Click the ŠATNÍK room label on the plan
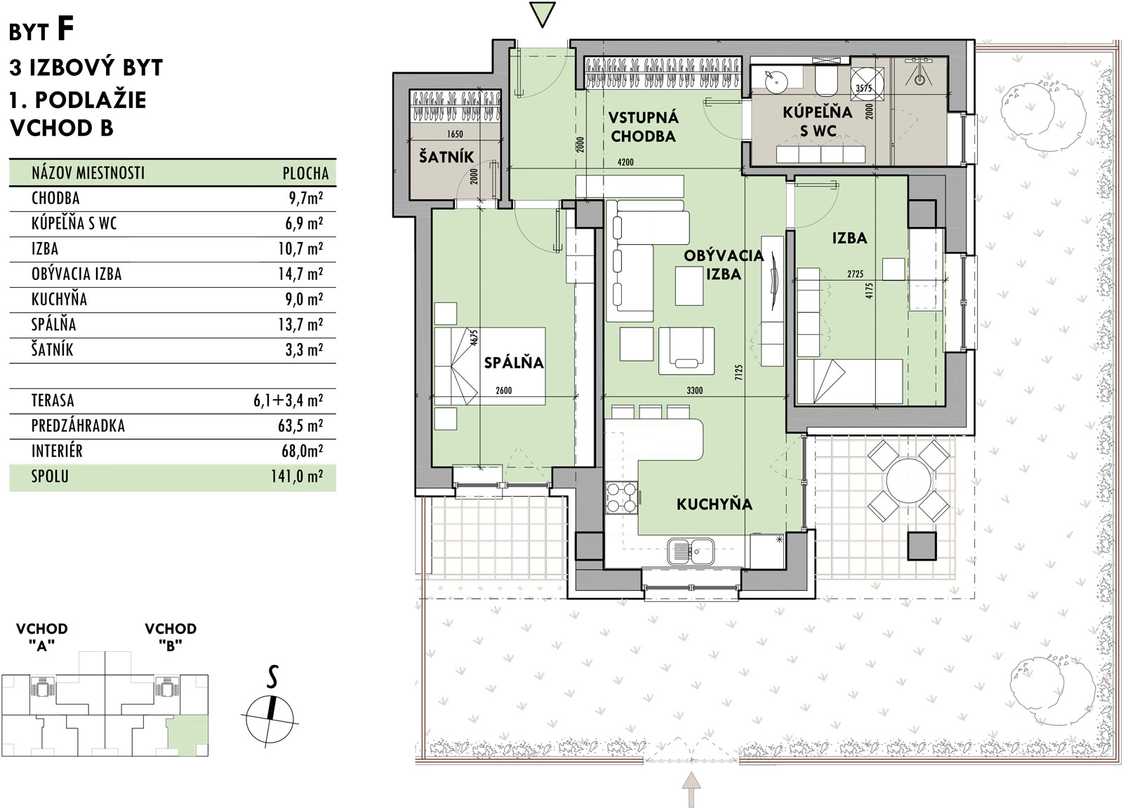(446, 156)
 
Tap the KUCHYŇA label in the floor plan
(715, 504)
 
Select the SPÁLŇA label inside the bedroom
(514, 362)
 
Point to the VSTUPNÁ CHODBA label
(643, 127)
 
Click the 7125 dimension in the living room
(738, 375)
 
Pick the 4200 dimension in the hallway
(625, 162)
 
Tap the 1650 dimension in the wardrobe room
(455, 134)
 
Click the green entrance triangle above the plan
(543, 15)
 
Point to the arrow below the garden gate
(692, 789)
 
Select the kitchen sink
(691, 551)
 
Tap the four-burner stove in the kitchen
(622, 497)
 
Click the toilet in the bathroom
(825, 80)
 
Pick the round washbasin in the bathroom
(776, 80)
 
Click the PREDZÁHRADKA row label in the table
(78, 426)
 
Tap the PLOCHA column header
(305, 173)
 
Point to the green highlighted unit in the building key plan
(187, 735)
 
